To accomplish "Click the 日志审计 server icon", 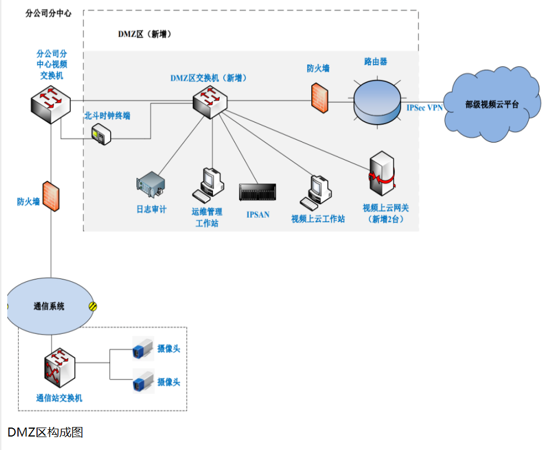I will [x=151, y=186].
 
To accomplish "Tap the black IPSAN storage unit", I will [x=258, y=192].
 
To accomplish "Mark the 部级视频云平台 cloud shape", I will [x=492, y=105].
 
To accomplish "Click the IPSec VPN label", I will [x=425, y=107].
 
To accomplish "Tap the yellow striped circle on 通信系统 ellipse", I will [x=93, y=306].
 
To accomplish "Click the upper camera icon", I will [x=143, y=348].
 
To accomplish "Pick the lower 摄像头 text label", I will [x=169, y=382].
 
